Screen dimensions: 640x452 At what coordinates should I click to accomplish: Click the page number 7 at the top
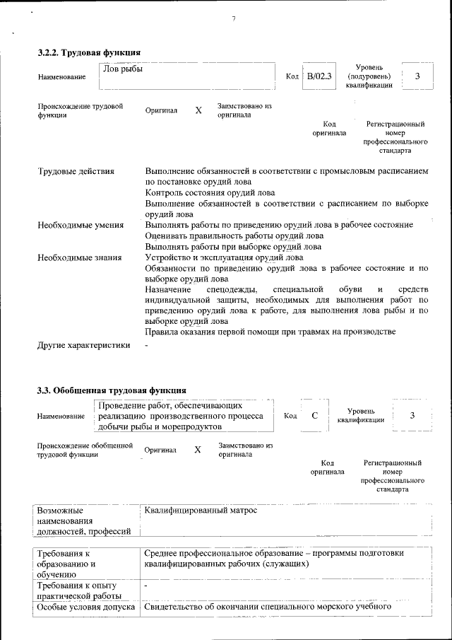coord(233,18)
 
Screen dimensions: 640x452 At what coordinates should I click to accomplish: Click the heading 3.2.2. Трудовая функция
coord(89,52)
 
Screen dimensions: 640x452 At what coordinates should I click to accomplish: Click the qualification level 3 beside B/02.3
coord(417,76)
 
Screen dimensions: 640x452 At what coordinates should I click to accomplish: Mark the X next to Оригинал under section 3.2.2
coord(198,111)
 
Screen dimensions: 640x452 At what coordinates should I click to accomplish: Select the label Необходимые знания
coord(79,257)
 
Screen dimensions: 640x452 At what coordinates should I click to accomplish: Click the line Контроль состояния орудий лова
coord(210,192)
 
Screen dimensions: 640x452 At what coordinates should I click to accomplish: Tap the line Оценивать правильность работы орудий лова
coord(234,235)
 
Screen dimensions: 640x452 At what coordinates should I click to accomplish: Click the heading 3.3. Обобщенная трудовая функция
coord(112,390)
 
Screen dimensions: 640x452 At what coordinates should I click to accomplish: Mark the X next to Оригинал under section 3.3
coord(198,450)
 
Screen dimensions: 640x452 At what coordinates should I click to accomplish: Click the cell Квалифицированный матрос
coord(201,510)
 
